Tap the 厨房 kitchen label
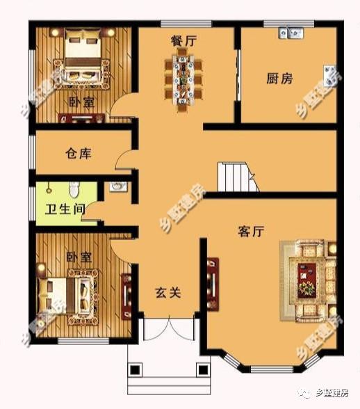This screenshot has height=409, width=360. tap(279, 78)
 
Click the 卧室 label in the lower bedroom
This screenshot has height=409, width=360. tap(79, 257)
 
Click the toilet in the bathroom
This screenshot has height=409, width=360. tap(76, 189)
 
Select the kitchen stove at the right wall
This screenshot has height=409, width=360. tap(329, 74)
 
